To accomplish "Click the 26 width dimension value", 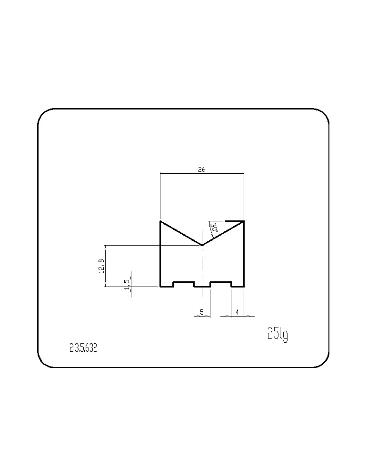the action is tap(201, 170).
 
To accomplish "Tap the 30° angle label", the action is tap(215, 228).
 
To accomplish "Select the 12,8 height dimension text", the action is tap(102, 266).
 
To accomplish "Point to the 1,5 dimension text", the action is tap(127, 285).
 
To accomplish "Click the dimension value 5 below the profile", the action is tap(201, 312).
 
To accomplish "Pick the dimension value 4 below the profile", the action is tap(238, 312).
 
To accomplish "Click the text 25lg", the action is tap(278, 334).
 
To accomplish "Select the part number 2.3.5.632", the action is tap(83, 348).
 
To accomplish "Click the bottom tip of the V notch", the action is tap(202, 245).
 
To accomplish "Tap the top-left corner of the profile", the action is tap(160, 221).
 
